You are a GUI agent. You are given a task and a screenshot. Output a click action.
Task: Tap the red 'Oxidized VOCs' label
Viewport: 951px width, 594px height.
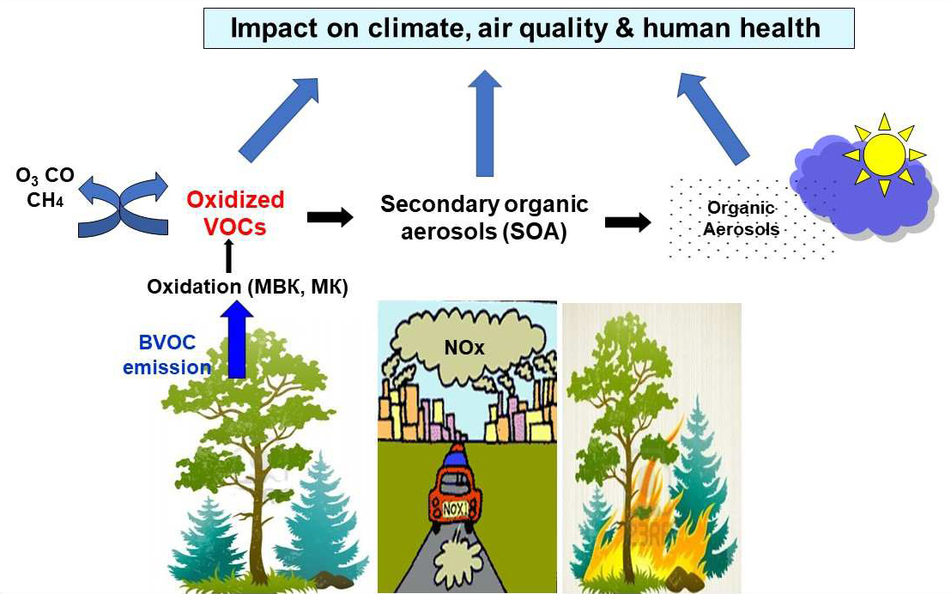coord(235,213)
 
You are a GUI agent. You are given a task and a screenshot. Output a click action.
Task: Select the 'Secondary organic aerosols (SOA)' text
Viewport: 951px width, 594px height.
coord(484,218)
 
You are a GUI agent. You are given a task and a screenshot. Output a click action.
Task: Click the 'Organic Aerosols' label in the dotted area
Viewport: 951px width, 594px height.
coord(742,218)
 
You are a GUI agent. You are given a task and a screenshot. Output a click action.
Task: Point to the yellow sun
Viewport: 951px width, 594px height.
coord(884,155)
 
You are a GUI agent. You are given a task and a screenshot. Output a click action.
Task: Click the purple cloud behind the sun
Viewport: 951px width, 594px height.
coord(861,185)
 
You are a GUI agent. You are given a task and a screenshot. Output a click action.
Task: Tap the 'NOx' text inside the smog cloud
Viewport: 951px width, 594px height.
coord(464,347)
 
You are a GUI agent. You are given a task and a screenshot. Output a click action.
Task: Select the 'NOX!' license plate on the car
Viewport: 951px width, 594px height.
coord(456,509)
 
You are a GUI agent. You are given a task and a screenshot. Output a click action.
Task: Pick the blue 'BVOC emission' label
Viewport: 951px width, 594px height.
coord(167,355)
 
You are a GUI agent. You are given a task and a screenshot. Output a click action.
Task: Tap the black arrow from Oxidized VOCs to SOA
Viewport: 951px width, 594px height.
coord(330,216)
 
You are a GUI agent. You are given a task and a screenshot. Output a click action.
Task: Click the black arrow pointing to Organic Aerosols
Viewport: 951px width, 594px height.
coord(627,221)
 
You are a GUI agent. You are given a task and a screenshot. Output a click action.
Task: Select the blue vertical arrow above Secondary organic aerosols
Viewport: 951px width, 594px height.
coord(485,123)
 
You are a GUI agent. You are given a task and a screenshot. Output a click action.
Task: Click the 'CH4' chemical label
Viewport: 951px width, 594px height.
coord(45,200)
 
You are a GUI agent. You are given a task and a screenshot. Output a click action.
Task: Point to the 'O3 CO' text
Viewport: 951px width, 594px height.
coord(45,176)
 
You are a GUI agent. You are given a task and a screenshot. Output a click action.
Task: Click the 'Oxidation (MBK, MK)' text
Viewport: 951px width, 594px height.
coord(247,287)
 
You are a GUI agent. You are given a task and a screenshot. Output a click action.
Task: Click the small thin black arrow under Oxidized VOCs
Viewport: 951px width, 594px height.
coord(228,256)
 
